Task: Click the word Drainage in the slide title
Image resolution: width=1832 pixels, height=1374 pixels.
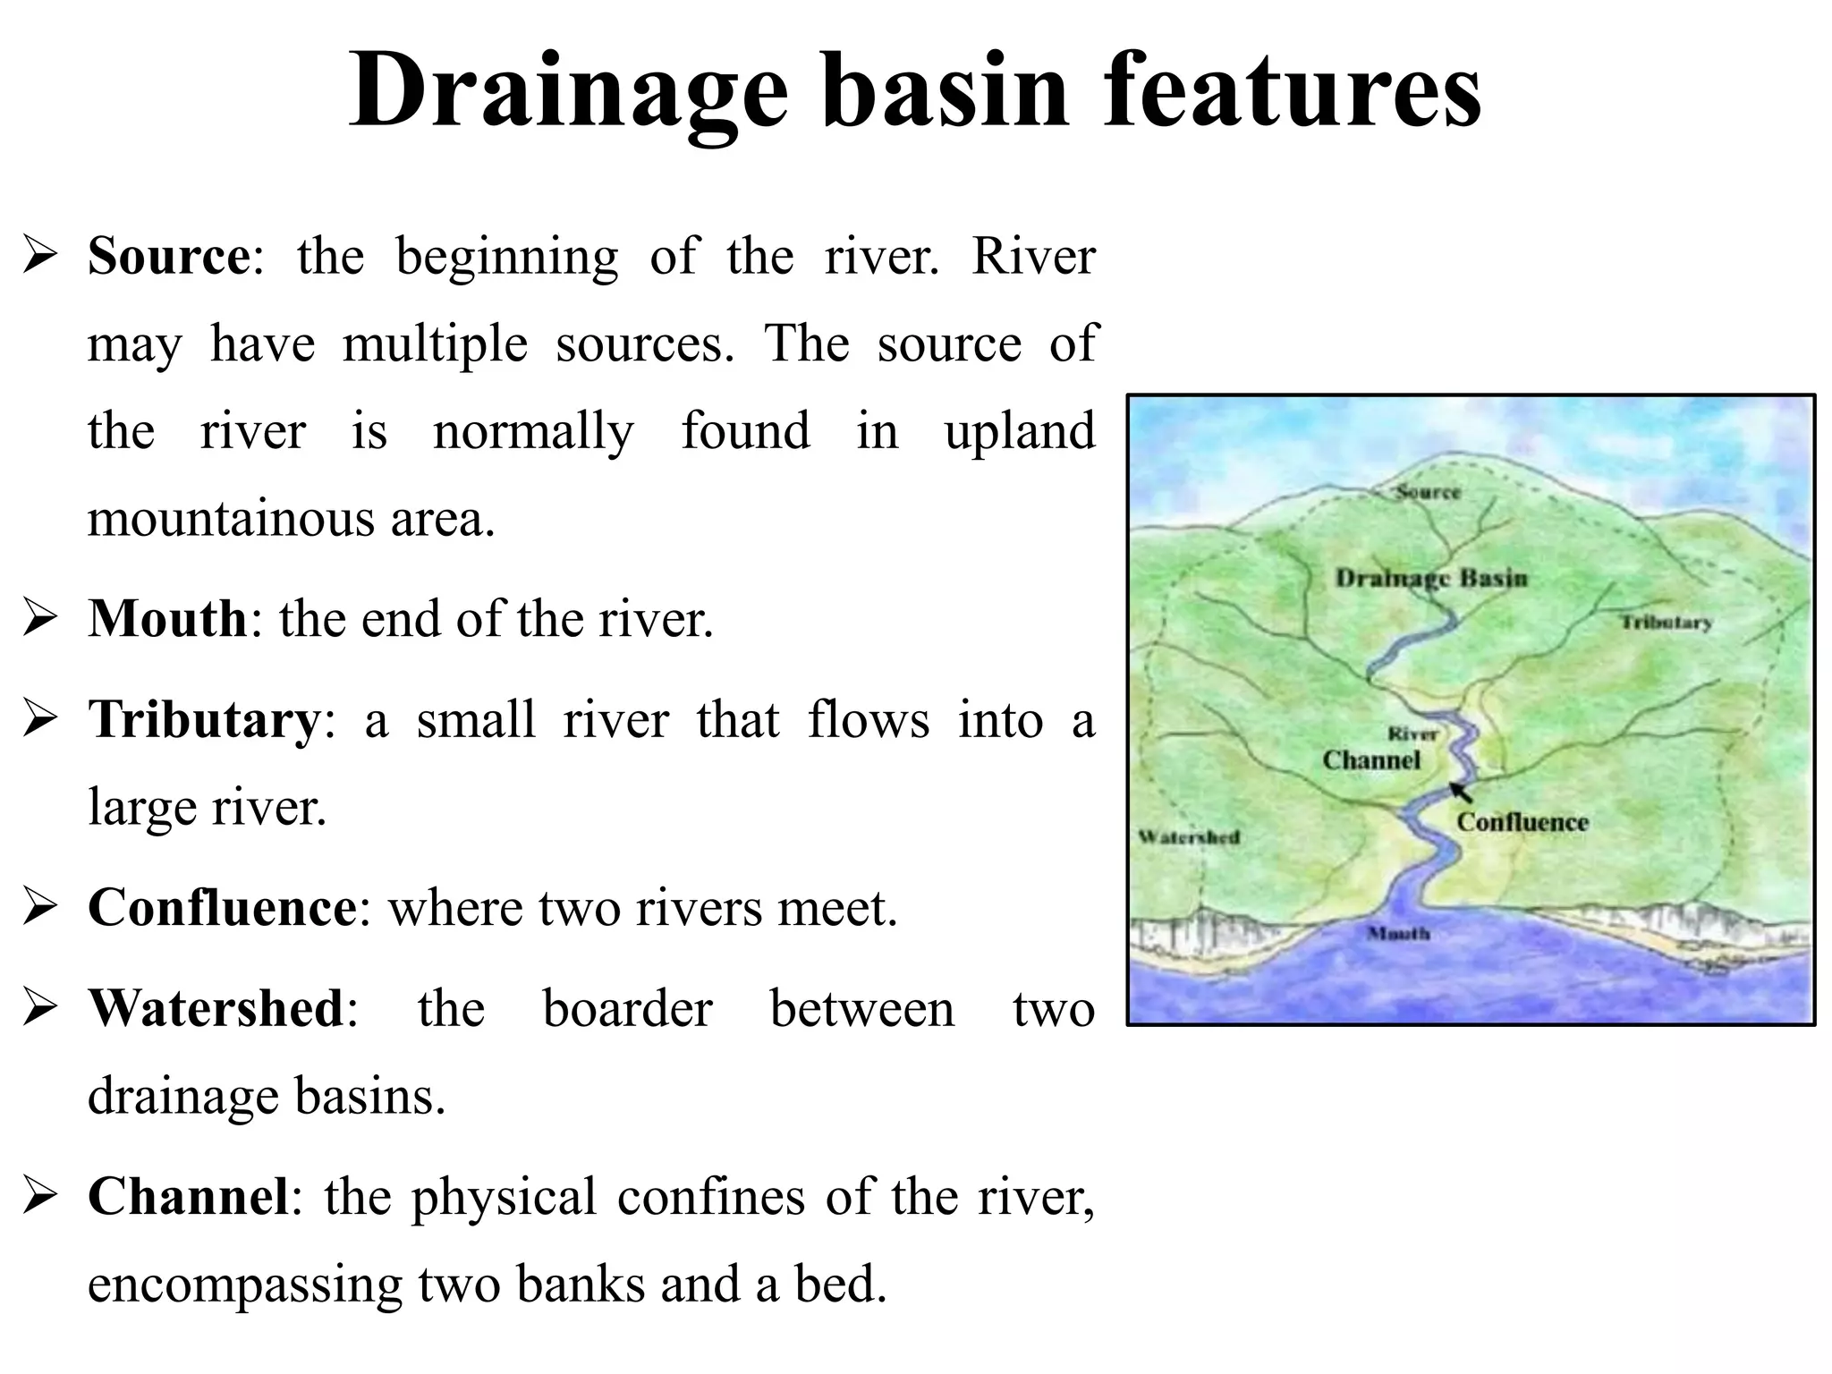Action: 568,91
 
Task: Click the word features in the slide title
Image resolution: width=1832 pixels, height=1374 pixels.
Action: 1292,91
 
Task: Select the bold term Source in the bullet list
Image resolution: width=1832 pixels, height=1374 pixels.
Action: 169,257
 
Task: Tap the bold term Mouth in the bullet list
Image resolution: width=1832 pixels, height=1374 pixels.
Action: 167,618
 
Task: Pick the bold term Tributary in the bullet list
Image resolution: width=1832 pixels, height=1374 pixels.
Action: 204,720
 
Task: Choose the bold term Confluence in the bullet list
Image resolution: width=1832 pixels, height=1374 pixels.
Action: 222,908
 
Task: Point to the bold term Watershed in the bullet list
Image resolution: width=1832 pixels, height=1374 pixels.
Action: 216,1009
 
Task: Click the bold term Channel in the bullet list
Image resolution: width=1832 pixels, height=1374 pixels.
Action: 189,1197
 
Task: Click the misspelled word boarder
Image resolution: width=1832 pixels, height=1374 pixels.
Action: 627,1009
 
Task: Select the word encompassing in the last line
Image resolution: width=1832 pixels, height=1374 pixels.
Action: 244,1285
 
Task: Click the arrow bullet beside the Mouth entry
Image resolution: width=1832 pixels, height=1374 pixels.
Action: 40,619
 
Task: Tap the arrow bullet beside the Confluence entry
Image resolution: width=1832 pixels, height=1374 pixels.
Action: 40,909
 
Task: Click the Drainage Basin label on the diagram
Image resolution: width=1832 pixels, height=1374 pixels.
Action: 1431,579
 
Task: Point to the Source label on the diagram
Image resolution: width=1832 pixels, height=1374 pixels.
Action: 1428,492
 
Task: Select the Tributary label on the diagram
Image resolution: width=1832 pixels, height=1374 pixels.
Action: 1667,623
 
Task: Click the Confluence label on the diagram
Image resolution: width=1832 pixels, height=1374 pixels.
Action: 1522,822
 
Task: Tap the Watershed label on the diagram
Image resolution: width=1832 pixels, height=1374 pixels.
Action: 1189,837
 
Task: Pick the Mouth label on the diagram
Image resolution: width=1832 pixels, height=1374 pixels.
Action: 1398,934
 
